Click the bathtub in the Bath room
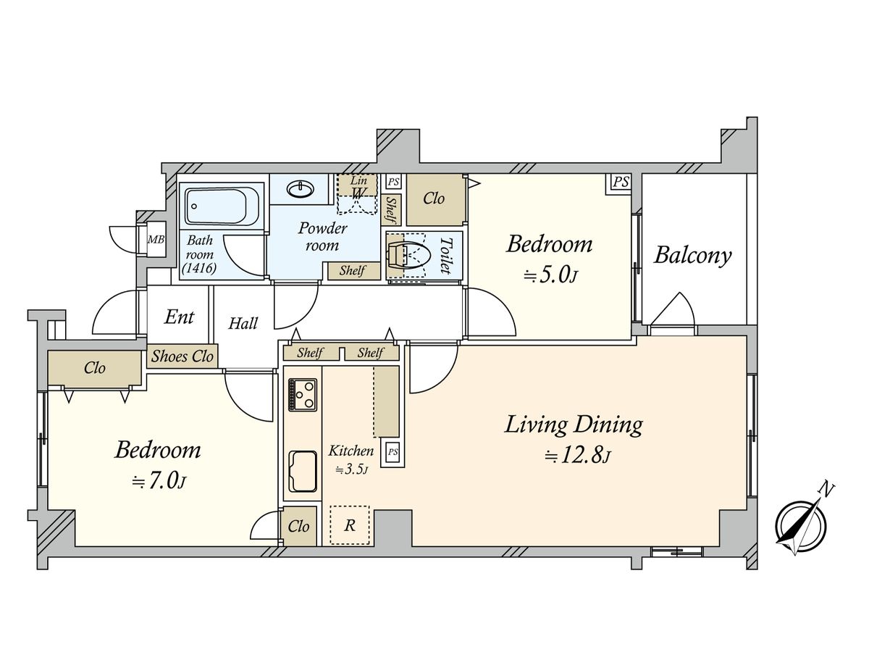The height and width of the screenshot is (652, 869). coord(224,206)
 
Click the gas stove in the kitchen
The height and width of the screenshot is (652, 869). coord(303,395)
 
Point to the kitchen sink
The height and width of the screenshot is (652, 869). coord(303,471)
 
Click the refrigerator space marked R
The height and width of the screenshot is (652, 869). coord(350,525)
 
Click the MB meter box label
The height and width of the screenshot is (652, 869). coord(156,240)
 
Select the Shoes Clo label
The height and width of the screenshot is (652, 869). coord(182,356)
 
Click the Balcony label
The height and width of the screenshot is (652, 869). coord(692,255)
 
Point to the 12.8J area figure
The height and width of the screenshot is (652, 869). coord(578,456)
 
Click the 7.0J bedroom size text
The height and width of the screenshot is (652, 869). coord(159,481)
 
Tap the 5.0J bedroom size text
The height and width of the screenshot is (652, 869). coord(550,275)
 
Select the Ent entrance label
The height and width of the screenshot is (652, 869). coord(180,317)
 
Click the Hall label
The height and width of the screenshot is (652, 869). coord(243,323)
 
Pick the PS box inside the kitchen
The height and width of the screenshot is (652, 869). coord(392,451)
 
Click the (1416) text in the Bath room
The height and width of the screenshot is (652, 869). coord(199,268)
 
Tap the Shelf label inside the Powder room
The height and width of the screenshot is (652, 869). coord(352,271)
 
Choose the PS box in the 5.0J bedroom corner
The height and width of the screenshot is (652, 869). coord(621,183)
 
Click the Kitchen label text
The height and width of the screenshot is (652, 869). coord(350,451)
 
